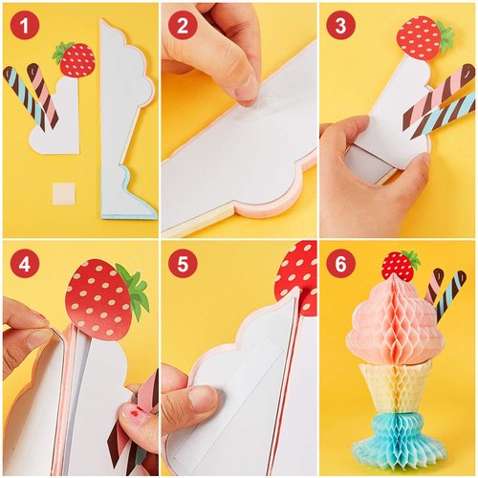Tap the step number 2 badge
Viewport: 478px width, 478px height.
coord(183,25)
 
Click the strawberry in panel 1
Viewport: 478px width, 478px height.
coord(76,59)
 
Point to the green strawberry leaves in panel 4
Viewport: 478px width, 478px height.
coord(137,292)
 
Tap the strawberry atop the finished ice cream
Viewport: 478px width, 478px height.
coord(400,265)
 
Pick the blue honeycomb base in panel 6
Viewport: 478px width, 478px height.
coord(402,440)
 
